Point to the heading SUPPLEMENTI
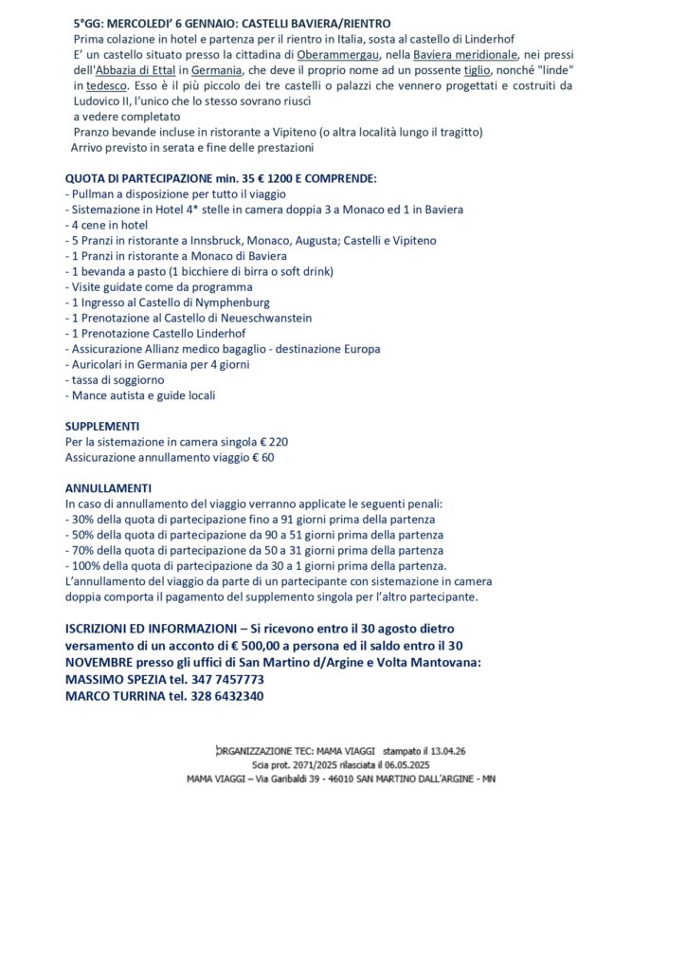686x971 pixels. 102,427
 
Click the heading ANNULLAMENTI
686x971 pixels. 107,487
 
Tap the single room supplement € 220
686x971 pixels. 273,442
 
